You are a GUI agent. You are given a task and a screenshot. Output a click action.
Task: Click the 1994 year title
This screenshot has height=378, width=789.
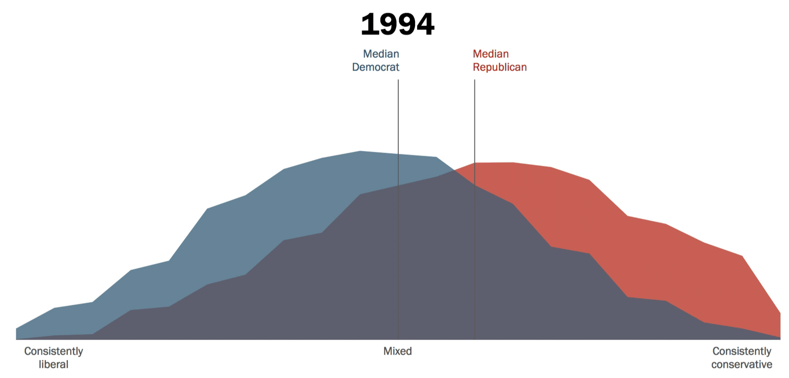(397, 24)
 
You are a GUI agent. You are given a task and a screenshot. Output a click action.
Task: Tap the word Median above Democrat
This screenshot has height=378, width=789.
(381, 54)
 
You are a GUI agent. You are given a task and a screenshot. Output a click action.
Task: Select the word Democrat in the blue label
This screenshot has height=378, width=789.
(375, 67)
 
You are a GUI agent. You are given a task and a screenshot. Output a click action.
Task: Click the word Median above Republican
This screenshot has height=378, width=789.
(490, 54)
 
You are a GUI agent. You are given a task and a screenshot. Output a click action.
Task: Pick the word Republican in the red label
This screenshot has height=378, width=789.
(500, 67)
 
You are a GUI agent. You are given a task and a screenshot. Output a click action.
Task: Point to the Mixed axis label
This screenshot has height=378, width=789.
(397, 351)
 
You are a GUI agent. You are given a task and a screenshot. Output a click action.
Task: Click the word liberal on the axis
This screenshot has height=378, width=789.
(53, 364)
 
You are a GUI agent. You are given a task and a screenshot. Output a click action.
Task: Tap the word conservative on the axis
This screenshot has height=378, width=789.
(741, 364)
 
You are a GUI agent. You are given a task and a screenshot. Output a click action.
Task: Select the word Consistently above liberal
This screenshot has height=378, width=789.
(53, 351)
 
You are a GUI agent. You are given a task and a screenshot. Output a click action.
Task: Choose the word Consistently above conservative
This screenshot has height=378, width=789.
(742, 351)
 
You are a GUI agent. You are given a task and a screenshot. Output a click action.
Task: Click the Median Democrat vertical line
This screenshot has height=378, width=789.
(398, 132)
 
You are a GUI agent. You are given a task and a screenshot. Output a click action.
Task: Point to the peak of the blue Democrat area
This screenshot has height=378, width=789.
(360, 151)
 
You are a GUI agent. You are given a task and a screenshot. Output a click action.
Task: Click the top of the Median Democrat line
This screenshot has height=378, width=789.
(398, 80)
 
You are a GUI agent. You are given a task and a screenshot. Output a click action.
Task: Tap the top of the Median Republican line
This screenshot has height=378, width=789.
(475, 80)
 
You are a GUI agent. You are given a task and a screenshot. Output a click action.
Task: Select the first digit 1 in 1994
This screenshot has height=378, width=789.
(368, 24)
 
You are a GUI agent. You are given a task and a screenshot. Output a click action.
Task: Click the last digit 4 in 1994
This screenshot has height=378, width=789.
(425, 24)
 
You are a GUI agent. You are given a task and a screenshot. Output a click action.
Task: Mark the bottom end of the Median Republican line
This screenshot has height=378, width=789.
(475, 339)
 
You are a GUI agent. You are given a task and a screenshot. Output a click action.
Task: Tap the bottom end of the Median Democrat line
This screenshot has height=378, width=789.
(398, 339)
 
